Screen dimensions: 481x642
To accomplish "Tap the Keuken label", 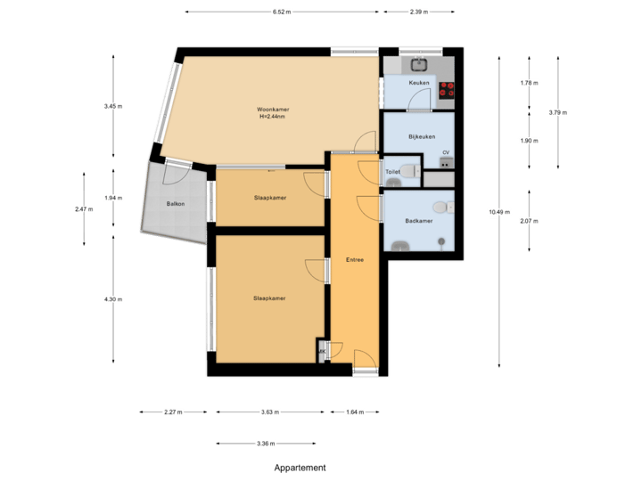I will (419, 83).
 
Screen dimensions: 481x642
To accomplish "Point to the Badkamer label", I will (418, 221).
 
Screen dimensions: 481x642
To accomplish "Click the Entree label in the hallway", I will (354, 259).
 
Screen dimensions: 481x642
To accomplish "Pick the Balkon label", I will (175, 204).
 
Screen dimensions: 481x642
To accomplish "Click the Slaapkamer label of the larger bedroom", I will (269, 298).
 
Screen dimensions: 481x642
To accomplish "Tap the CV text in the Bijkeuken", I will (445, 152).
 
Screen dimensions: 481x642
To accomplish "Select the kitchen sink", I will (419, 63).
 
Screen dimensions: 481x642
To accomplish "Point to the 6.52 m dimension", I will (283, 12).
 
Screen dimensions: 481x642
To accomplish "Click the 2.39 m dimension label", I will (419, 12).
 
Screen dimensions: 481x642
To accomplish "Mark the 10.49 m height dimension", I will (499, 211).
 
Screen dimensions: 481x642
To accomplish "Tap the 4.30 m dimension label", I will (113, 299).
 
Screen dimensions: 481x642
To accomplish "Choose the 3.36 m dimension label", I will (266, 443).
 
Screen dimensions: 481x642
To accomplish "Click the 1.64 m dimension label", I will (355, 412).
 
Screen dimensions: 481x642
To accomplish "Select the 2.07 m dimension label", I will (529, 220).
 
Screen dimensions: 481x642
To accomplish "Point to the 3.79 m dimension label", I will (558, 112).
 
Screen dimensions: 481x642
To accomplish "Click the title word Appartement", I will (300, 467).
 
